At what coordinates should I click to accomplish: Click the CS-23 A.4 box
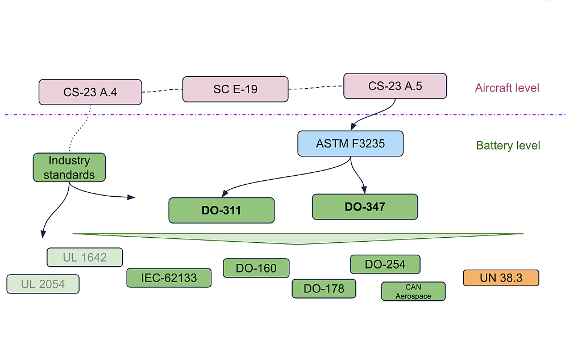tap(90, 92)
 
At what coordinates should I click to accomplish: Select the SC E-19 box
tap(235, 89)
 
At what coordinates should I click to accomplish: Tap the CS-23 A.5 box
tap(395, 86)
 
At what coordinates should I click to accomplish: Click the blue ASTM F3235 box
tap(350, 143)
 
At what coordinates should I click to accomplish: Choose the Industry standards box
tap(69, 167)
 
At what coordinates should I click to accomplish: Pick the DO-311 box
tap(221, 210)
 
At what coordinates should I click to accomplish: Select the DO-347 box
tap(364, 207)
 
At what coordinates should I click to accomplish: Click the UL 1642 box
tap(85, 257)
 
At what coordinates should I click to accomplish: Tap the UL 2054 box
tap(43, 284)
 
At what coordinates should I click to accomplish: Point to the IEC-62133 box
tap(169, 278)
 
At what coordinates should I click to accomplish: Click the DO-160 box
tap(256, 268)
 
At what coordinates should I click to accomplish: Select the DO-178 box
tap(323, 288)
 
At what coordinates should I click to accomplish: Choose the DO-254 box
tap(385, 264)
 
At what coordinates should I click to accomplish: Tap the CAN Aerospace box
tap(413, 291)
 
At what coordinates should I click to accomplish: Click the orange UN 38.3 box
tap(501, 278)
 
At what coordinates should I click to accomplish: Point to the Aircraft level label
tap(507, 88)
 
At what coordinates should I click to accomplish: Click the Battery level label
tap(508, 146)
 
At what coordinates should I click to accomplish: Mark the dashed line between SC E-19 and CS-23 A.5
tap(315, 88)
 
